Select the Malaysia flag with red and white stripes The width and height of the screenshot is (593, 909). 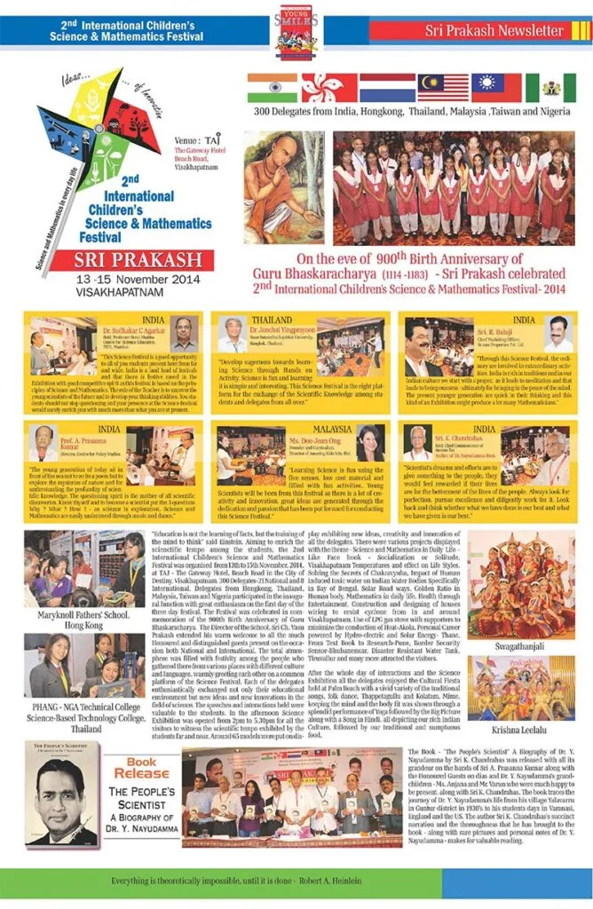click(443, 88)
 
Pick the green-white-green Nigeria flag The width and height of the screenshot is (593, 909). click(550, 88)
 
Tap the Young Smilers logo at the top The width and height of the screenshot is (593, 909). click(296, 31)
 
